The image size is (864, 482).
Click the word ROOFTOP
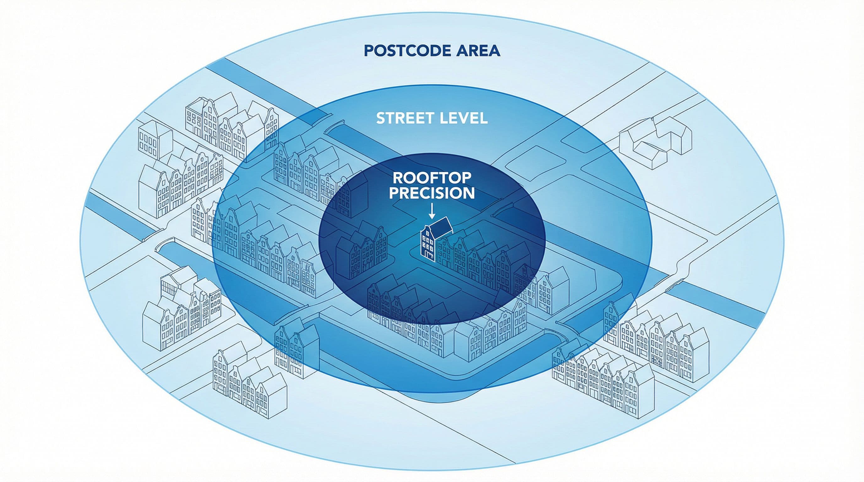click(432, 178)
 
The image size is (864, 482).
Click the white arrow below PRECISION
click(432, 211)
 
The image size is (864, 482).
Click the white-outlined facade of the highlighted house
click(428, 243)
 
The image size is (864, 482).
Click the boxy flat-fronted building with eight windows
click(154, 144)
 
